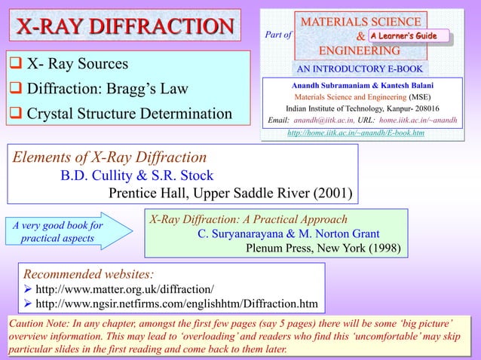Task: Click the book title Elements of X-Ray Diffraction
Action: tap(109, 157)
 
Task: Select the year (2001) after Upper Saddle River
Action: tap(330, 194)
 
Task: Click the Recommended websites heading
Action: tap(90, 272)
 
